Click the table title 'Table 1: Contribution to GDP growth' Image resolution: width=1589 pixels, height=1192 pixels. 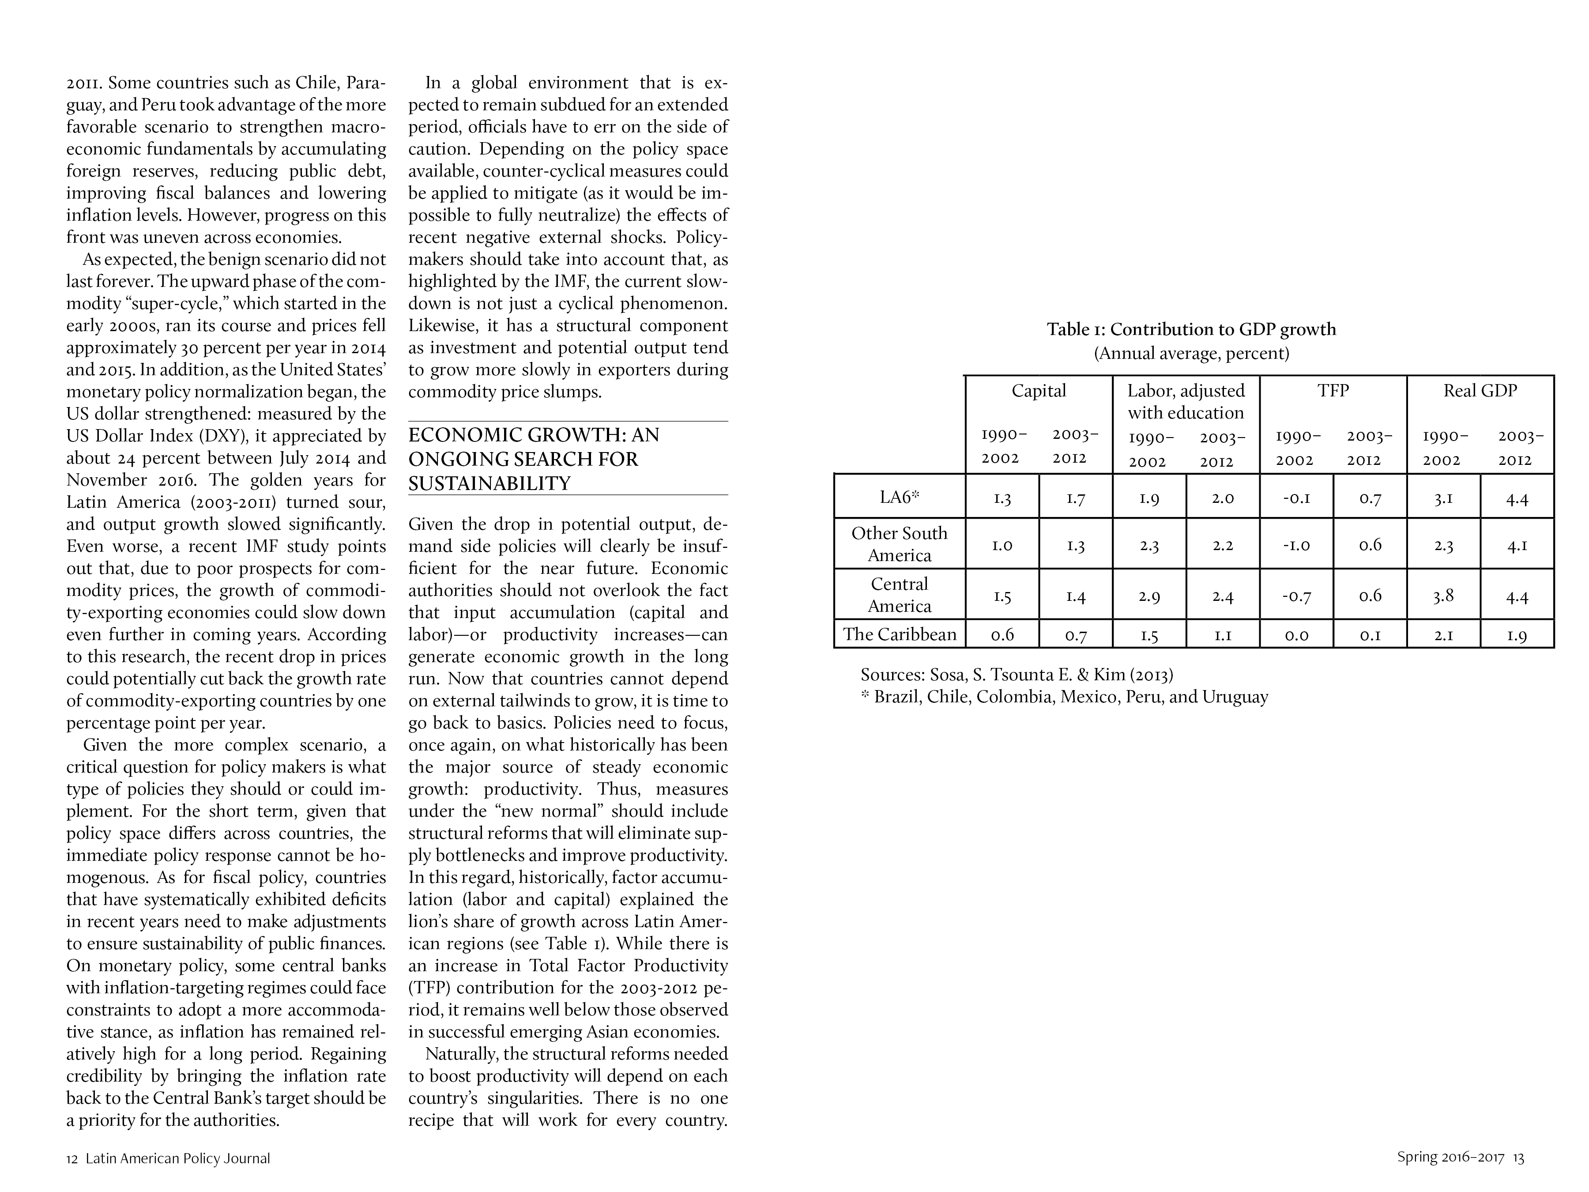pyautogui.click(x=1191, y=330)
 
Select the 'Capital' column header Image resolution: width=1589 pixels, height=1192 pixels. pyautogui.click(x=1039, y=391)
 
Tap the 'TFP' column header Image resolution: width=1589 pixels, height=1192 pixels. pyautogui.click(x=1333, y=391)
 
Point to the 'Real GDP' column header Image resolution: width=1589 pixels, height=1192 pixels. pyautogui.click(x=1480, y=391)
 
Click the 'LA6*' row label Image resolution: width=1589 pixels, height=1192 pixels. pyautogui.click(x=900, y=497)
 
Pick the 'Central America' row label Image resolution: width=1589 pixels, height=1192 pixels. pyautogui.click(x=900, y=595)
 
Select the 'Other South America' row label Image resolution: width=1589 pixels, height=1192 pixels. pyautogui.click(x=900, y=544)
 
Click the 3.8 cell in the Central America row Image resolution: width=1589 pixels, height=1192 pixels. pyautogui.click(x=1443, y=596)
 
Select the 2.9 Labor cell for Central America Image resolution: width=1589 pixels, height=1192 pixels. pyautogui.click(x=1149, y=596)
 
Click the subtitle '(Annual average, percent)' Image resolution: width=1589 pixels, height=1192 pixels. pyautogui.click(x=1191, y=354)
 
